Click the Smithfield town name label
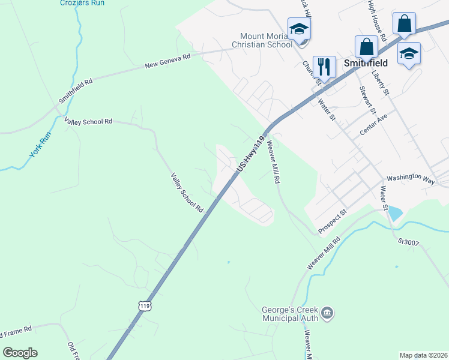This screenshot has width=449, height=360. tap(366, 62)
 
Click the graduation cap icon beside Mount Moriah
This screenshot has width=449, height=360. tap(298, 29)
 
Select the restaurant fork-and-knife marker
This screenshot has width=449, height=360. tap(324, 67)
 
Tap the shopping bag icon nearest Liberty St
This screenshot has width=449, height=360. tap(366, 47)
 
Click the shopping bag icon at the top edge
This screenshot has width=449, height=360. tap(405, 23)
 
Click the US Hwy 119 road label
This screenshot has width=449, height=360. tap(251, 154)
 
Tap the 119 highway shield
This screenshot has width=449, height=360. tap(145, 306)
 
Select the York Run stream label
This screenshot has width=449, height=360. tap(41, 145)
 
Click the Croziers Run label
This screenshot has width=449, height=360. tap(82, 3)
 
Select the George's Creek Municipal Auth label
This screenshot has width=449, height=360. tap(289, 314)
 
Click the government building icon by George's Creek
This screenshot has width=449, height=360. tap(328, 313)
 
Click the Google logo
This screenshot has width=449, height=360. tap(20, 352)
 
